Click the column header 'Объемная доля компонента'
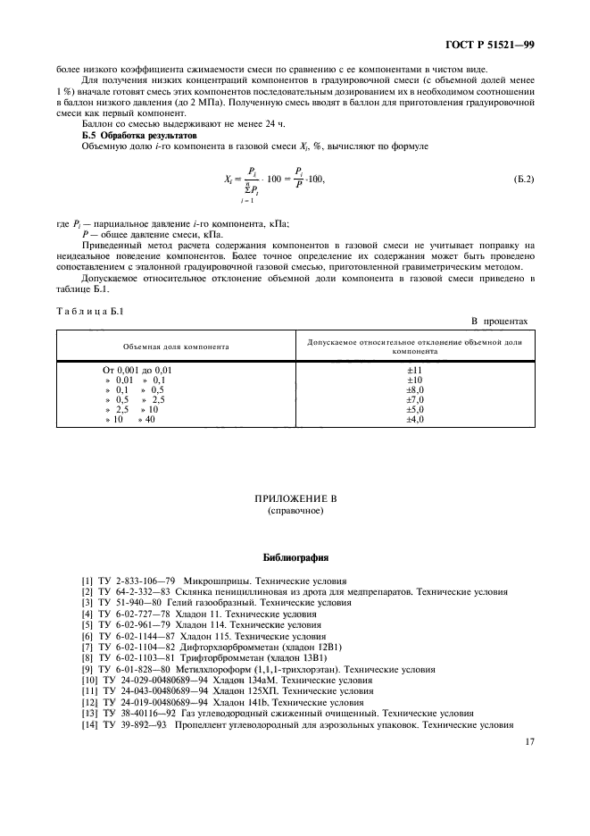(176, 345)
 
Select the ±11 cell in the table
(414, 369)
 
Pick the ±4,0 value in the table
(415, 418)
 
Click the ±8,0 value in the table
(415, 389)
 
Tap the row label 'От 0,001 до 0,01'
(138, 369)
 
